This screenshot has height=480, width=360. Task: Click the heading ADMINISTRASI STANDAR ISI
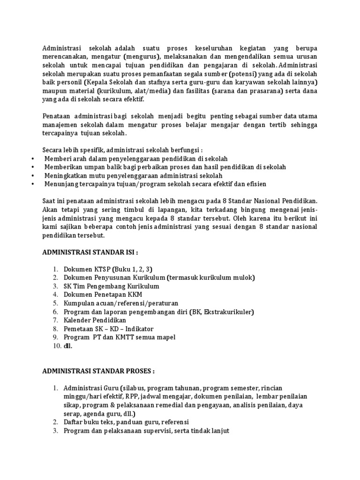(x=90, y=252)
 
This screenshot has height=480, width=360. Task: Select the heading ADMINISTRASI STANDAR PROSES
(x=98, y=371)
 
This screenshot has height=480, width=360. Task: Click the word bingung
(x=232, y=210)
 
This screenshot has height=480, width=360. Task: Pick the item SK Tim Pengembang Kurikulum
(x=112, y=286)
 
